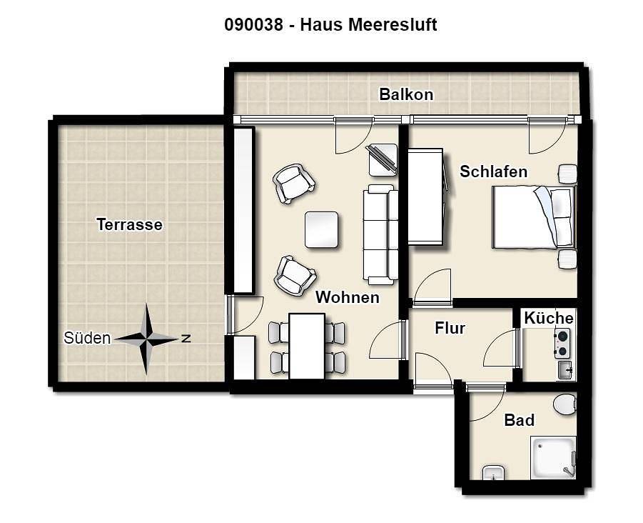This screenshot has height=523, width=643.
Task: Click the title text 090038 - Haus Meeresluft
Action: point(330,24)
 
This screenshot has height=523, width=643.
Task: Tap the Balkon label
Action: point(406,94)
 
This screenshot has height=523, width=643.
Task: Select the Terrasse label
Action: point(129,224)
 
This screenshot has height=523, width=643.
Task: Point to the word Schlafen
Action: point(493,171)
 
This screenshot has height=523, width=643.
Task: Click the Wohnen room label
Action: point(348,297)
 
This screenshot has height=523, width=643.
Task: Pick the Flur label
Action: point(450,329)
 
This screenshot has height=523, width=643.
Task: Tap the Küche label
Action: point(549,318)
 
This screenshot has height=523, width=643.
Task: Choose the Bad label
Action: point(519,420)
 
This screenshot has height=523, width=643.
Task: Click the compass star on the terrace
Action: point(146,339)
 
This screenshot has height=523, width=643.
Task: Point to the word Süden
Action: point(87,338)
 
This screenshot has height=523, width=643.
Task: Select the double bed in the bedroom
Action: point(534,217)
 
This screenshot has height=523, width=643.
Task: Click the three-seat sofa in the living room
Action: point(380,235)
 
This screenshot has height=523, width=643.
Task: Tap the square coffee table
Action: point(321,229)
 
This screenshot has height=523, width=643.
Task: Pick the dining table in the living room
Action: point(307,346)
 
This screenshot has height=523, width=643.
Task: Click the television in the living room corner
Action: point(383,160)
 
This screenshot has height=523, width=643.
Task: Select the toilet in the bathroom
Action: point(565,404)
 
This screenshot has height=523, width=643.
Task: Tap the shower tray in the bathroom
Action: point(554,458)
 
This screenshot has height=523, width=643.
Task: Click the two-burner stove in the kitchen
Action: point(562,344)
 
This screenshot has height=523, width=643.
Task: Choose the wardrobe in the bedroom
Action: point(425,196)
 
